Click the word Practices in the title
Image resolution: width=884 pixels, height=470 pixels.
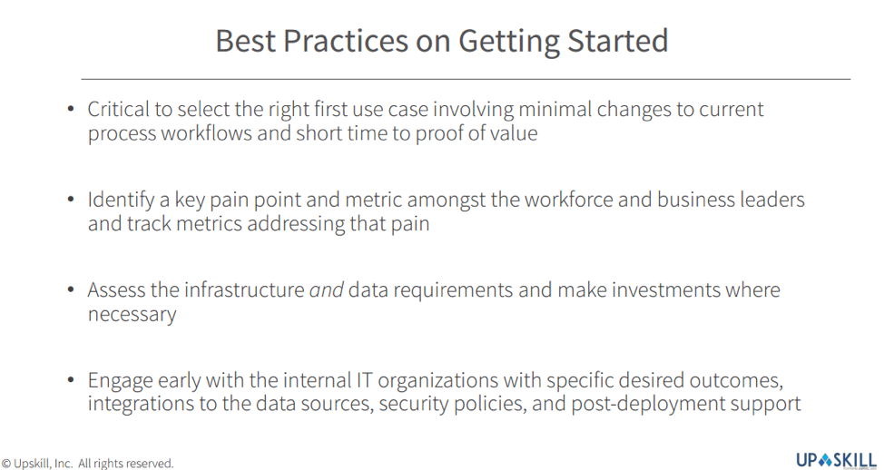click(346, 41)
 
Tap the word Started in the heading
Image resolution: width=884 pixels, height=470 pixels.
click(617, 41)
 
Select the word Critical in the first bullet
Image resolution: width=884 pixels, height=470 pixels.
click(118, 109)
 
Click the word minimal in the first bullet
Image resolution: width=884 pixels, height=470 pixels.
click(555, 109)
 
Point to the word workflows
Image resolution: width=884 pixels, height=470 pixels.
click(206, 133)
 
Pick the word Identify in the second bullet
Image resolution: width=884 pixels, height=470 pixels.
click(121, 200)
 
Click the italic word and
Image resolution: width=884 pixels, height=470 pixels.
click(327, 289)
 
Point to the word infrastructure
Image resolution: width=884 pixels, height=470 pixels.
click(244, 289)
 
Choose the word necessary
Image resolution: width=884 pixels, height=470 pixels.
click(132, 315)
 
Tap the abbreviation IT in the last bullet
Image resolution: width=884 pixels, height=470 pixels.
click(365, 380)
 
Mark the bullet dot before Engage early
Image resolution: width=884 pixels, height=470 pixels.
click(71, 380)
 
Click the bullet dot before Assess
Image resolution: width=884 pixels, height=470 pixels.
click(71, 289)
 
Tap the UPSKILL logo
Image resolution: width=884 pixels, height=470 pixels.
click(837, 459)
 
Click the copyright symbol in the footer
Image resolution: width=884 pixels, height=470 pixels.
click(6, 464)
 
